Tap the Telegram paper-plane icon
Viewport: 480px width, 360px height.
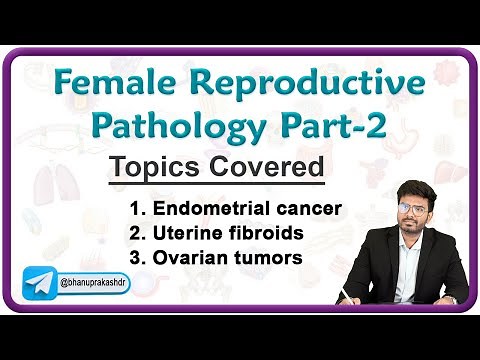pyautogui.click(x=41, y=285)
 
